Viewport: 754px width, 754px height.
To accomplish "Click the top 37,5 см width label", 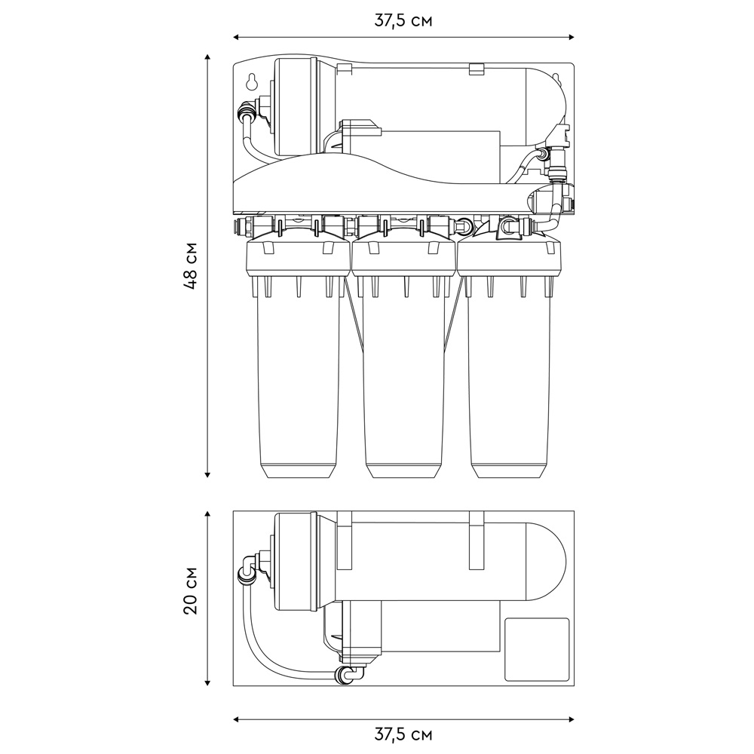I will [403, 20].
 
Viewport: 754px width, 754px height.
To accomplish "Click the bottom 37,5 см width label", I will [403, 734].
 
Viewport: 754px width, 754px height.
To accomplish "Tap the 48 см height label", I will [191, 265].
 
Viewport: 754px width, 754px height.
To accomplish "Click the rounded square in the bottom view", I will [536, 649].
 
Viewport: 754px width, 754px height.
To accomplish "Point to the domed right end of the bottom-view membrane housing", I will [547, 561].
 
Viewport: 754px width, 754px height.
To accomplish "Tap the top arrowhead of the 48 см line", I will [207, 58].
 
